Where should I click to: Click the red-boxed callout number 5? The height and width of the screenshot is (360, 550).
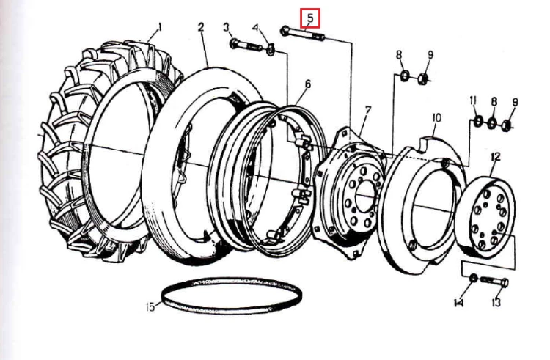310,18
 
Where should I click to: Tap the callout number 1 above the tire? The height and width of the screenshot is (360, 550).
160,27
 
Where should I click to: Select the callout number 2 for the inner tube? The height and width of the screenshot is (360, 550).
201,27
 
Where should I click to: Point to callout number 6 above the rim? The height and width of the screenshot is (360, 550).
307,84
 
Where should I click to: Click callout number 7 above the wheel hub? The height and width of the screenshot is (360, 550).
367,111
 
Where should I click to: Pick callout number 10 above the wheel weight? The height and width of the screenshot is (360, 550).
436,118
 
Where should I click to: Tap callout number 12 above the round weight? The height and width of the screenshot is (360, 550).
495,156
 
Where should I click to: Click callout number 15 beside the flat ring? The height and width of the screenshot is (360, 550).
150,307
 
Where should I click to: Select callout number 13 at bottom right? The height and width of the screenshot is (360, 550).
496,302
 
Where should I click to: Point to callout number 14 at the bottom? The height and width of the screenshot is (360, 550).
459,302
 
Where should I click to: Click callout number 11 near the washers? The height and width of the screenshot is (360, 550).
473,102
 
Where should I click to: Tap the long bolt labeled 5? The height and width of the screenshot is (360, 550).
302,34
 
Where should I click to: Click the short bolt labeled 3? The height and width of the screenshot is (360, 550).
246,45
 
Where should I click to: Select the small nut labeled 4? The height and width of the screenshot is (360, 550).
271,51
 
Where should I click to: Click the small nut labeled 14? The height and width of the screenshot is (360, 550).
473,279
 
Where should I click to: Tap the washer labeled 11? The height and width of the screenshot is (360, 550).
477,122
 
